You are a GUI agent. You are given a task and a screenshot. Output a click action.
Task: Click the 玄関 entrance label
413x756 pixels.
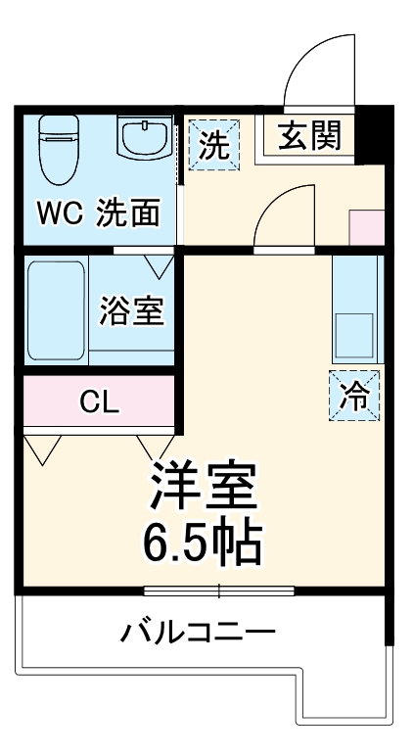point(308,137)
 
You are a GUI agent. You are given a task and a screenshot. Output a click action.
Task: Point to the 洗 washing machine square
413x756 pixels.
point(212,145)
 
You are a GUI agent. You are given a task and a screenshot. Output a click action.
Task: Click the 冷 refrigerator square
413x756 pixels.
point(353,397)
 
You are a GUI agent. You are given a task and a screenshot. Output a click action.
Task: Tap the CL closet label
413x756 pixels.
point(99,402)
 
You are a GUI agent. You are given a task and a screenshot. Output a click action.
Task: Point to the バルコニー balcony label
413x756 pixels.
point(199,632)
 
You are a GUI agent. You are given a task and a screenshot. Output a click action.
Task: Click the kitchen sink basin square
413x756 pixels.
point(353,335)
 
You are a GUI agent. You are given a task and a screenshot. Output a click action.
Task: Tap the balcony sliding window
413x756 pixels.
point(218,591)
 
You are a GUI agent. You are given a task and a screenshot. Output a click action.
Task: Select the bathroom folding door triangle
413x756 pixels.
point(160,264)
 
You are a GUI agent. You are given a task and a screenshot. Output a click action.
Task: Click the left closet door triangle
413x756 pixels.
point(42,449)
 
